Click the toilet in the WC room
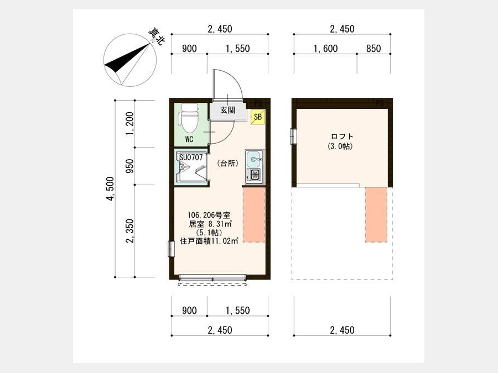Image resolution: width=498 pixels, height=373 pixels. coord(189,118)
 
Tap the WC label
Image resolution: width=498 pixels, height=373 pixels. coord(189,140)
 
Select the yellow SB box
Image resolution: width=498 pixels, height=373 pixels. coord(257,117)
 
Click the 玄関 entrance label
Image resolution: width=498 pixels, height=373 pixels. coord(228,111)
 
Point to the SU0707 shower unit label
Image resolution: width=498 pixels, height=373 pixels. coord(191,157)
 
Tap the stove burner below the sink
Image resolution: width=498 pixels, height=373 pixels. coord(255,175)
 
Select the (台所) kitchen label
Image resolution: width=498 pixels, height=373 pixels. coord(228,164)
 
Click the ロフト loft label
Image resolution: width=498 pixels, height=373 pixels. coord(342,136)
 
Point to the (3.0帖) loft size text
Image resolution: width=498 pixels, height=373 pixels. coord(340,146)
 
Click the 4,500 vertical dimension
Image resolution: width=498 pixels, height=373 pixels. coord(110,189)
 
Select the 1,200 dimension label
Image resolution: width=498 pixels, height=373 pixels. coord(129,123)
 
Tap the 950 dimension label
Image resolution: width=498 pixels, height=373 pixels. coord(129,166)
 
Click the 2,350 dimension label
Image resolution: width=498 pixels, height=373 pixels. coord(129,231)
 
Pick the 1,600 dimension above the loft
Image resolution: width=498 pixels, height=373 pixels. coord(325,49)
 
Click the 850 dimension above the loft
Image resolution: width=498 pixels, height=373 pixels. coord(373,49)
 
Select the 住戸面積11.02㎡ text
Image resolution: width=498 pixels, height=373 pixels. coord(210,241)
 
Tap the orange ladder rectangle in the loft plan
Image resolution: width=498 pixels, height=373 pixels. coord(376,215)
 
